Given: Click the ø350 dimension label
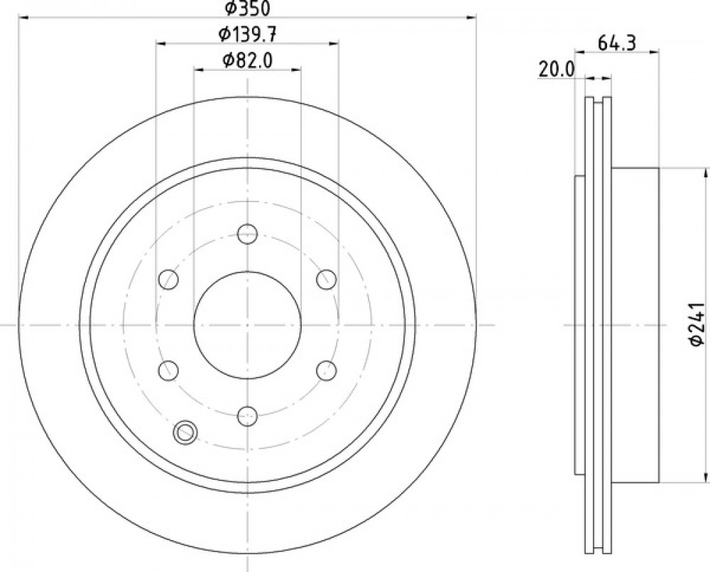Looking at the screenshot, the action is point(247,7).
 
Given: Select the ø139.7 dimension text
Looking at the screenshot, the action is point(247,34).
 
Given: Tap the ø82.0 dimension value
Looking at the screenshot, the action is point(247,60).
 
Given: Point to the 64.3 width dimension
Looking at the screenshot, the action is point(617,43).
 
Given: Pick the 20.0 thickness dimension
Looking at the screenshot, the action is point(556,70).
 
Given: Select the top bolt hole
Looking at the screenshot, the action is point(247,233).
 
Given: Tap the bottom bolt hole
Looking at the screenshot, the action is point(247,416).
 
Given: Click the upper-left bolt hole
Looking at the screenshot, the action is point(168,279).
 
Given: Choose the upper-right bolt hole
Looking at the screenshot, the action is point(326,279).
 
